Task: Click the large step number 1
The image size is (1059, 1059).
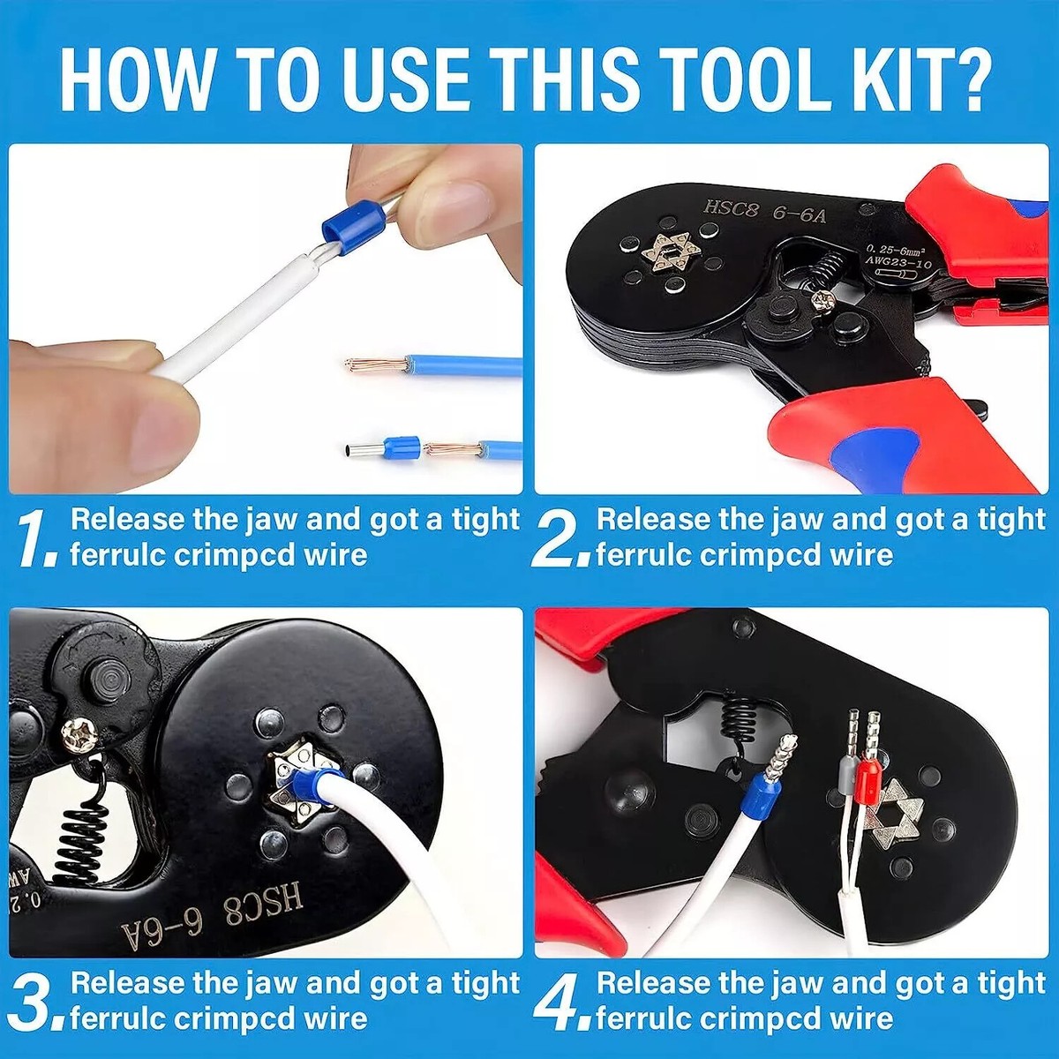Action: point(36,540)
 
